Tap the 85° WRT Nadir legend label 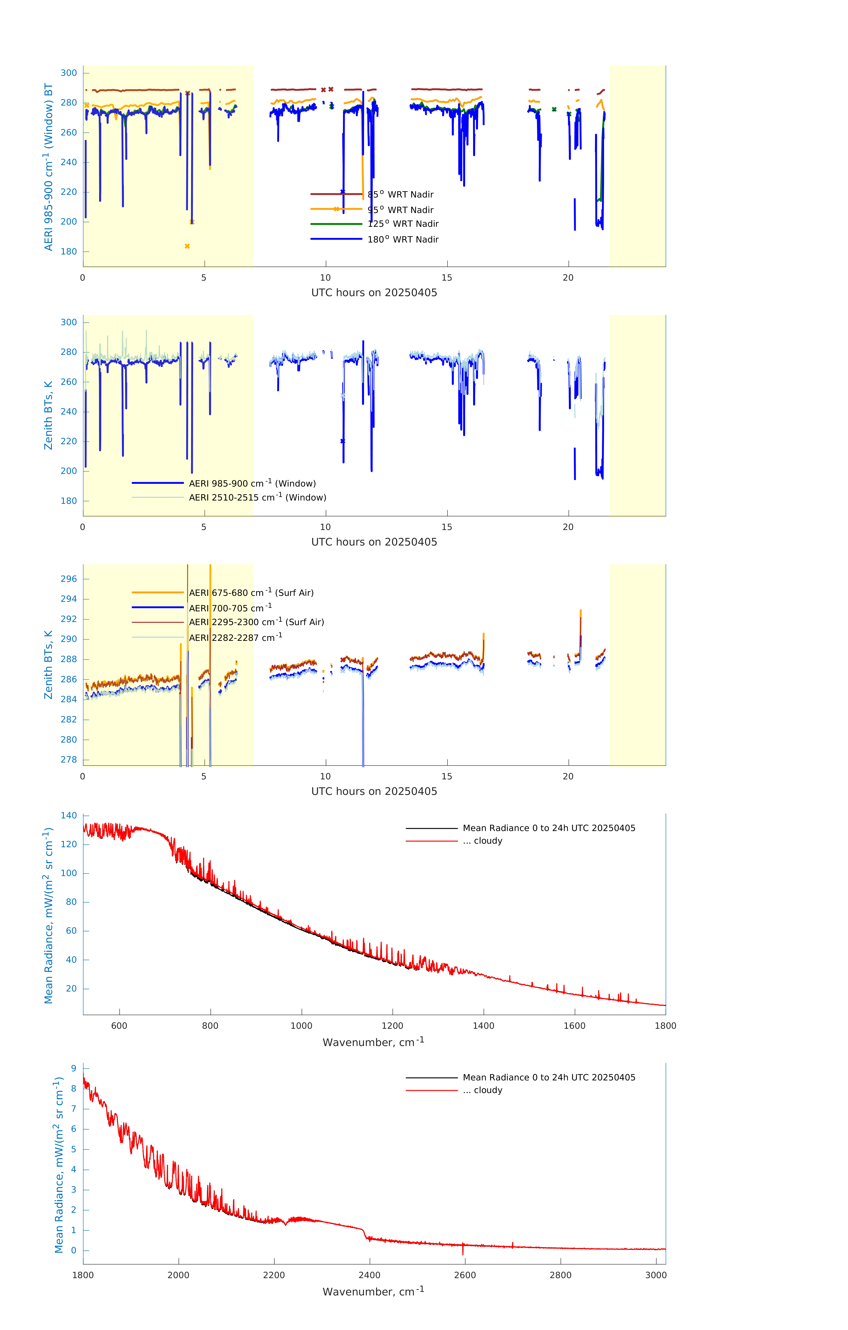click(x=401, y=194)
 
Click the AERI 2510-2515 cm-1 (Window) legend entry click(x=257, y=497)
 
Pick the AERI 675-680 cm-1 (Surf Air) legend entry click(x=251, y=593)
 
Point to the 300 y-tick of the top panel click(x=69, y=73)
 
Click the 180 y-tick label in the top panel click(x=69, y=251)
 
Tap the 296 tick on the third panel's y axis click(x=69, y=579)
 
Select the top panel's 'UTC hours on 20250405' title click(x=374, y=293)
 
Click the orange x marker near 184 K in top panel click(x=187, y=246)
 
